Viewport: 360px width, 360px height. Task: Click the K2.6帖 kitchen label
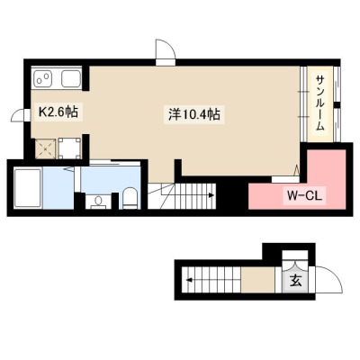coord(58,112)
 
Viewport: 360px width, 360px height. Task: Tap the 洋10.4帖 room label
coord(193,114)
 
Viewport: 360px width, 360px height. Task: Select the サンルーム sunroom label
coord(320,103)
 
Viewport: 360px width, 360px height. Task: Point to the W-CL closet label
coord(304,196)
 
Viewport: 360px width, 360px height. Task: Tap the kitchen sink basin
coord(71,79)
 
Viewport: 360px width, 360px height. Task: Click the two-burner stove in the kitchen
coord(43,79)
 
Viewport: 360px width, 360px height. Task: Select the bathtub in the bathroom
coord(28,188)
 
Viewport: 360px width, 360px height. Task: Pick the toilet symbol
coord(130,198)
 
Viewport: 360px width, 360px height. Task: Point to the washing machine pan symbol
coord(70,148)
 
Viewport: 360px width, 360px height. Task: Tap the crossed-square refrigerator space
coord(45,148)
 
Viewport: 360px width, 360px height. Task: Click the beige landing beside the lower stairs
coord(258,280)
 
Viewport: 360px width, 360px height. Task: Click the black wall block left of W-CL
coord(231,193)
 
